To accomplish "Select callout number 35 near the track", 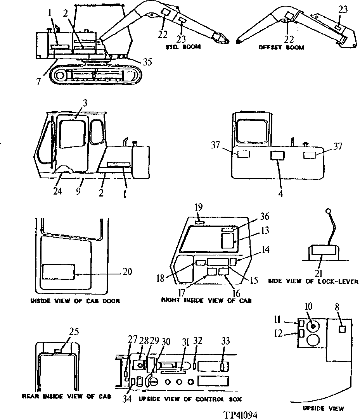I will (147, 62).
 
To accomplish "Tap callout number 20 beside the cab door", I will (127, 272).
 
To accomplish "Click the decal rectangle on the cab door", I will (59, 272).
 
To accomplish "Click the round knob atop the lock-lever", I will (328, 211).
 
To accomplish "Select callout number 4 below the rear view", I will (280, 190).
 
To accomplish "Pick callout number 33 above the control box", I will (225, 341).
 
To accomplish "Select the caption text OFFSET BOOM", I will (281, 47).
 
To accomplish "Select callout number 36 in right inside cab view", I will (265, 217).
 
